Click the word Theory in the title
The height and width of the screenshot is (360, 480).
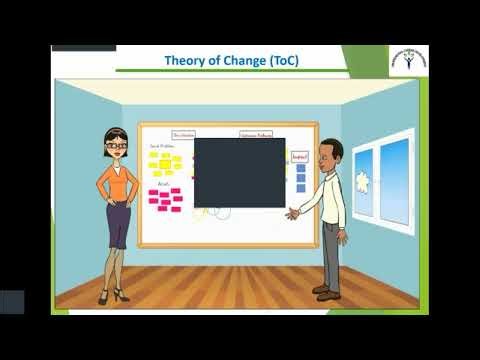185,60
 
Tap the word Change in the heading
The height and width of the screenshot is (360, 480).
239,60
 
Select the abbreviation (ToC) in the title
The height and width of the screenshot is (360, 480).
282,60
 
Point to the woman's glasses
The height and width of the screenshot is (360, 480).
117,146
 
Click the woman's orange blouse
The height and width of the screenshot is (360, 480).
117,180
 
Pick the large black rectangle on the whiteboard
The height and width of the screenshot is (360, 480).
239,172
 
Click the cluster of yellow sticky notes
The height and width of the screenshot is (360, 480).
164,163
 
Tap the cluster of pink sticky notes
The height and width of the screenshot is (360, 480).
165,199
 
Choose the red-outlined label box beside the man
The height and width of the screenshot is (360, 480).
299,156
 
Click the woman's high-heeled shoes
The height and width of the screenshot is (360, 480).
112,295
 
